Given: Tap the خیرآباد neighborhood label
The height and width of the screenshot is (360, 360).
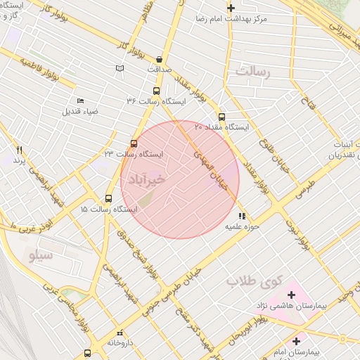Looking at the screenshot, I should [147, 180].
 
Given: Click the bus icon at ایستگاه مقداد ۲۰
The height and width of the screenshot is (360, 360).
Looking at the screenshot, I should [221, 117].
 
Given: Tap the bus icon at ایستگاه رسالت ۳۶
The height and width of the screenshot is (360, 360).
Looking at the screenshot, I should [156, 91].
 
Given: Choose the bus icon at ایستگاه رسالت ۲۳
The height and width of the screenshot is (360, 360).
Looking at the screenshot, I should [134, 143].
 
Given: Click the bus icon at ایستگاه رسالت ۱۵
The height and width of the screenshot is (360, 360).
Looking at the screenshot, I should [108, 198].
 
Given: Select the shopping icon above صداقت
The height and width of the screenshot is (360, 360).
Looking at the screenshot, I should [160, 60].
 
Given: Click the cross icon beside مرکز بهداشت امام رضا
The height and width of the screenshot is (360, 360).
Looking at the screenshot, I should [231, 7].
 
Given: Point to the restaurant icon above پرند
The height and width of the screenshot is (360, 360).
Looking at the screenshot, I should [20, 150].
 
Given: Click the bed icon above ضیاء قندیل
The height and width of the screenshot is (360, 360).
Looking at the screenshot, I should [79, 101].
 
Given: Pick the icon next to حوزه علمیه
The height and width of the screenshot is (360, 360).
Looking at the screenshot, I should [242, 217].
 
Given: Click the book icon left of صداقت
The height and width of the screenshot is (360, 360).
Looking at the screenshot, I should [120, 68].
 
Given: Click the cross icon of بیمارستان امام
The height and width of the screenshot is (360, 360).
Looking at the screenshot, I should [296, 341].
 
